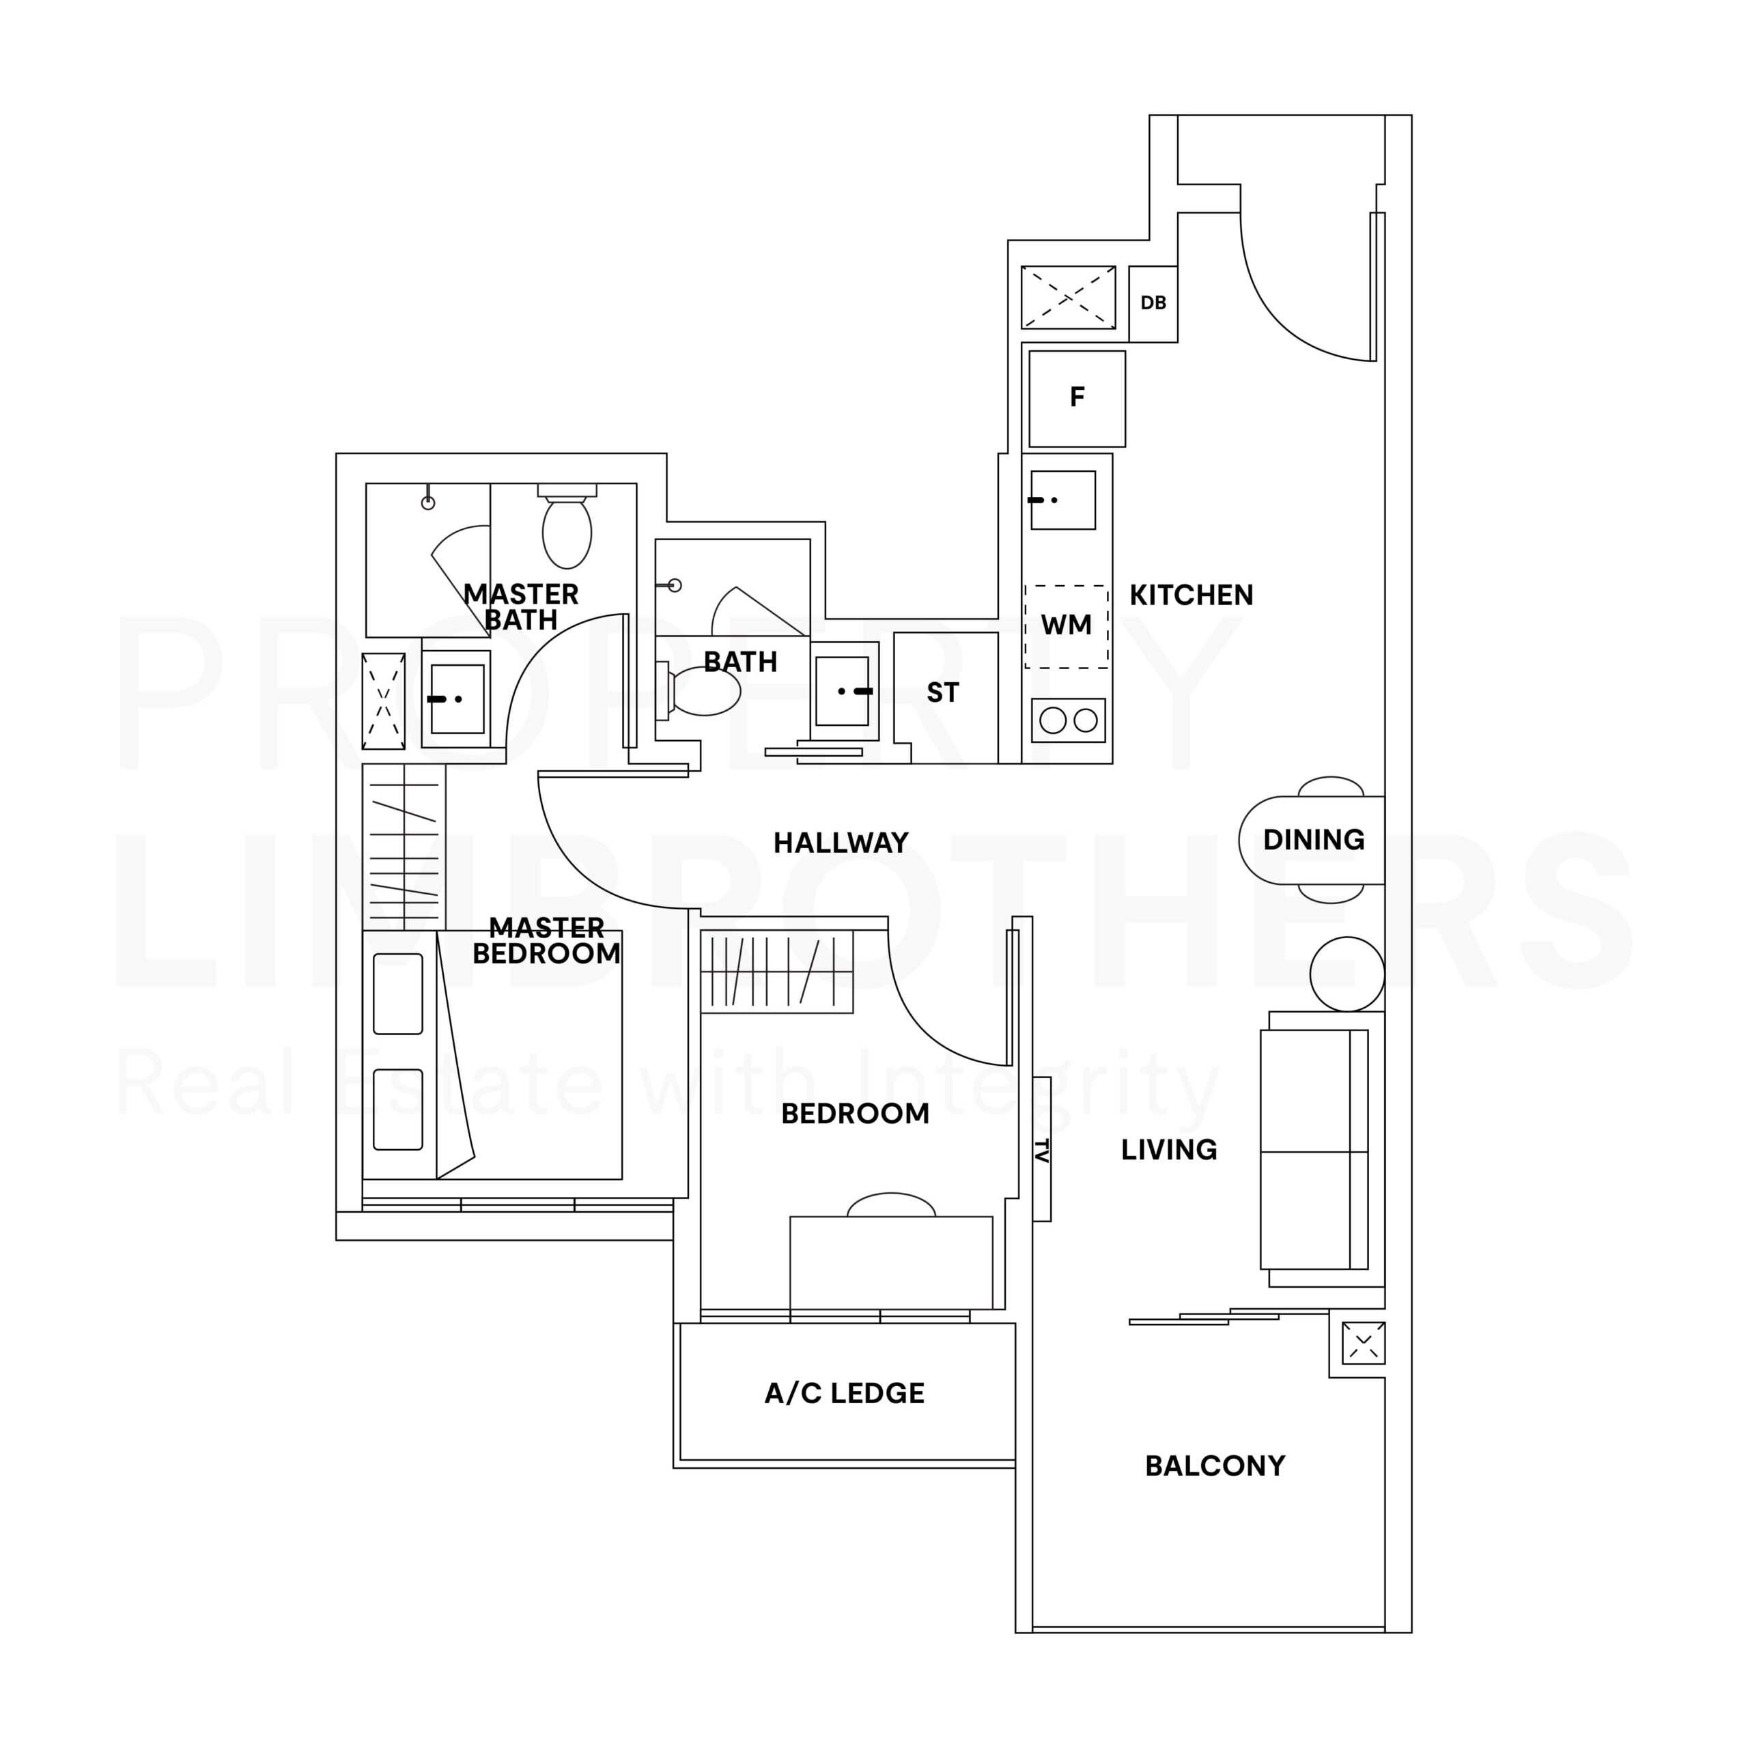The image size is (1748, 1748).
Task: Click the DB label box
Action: [x=1153, y=303]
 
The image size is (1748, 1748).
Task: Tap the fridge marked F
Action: [x=1077, y=398]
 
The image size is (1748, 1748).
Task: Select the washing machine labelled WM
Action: [x=1067, y=626]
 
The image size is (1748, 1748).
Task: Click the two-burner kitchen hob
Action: [x=1069, y=720]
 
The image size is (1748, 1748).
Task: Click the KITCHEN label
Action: [x=1192, y=595]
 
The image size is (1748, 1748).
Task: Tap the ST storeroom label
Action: [x=943, y=693]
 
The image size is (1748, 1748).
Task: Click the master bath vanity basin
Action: [x=457, y=699]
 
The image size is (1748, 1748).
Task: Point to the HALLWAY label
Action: [x=841, y=843]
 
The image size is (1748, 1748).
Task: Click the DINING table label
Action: [x=1314, y=840]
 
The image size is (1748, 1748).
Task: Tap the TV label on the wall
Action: [x=1041, y=1150]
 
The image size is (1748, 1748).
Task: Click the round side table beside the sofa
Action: [x=1347, y=974]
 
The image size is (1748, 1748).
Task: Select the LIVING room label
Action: [x=1169, y=1150]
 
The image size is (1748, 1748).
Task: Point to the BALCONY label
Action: [x=1215, y=1466]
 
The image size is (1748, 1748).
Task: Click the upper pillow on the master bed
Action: [x=398, y=993]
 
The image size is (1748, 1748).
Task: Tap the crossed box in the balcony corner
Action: [x=1364, y=1342]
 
